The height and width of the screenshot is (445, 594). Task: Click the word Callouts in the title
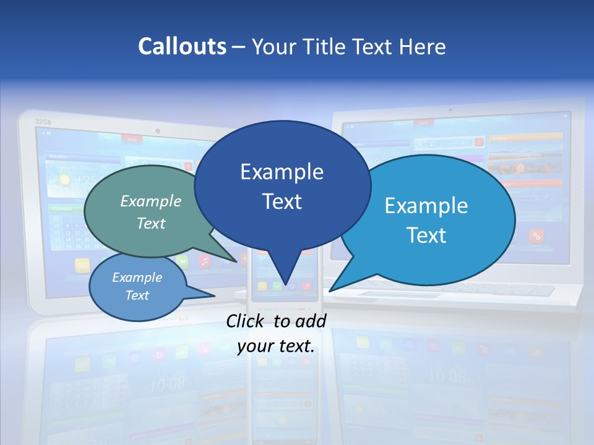point(182,46)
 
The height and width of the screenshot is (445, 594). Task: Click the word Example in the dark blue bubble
point(282,172)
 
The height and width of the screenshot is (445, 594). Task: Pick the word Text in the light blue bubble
point(426,235)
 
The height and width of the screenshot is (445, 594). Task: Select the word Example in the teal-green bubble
point(151,201)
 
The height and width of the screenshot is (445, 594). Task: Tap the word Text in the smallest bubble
point(137,295)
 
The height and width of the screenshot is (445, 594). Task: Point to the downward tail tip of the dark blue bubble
point(286,285)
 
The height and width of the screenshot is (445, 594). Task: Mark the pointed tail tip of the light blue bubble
point(330,290)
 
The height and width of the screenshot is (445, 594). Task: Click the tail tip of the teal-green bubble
point(237,262)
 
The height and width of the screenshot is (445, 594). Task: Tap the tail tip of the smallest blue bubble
point(215,294)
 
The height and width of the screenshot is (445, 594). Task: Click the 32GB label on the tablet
point(43,121)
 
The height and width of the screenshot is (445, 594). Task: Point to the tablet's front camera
point(158,131)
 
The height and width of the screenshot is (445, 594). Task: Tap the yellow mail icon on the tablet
point(82,265)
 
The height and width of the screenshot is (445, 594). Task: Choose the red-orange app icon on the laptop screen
point(536,235)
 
